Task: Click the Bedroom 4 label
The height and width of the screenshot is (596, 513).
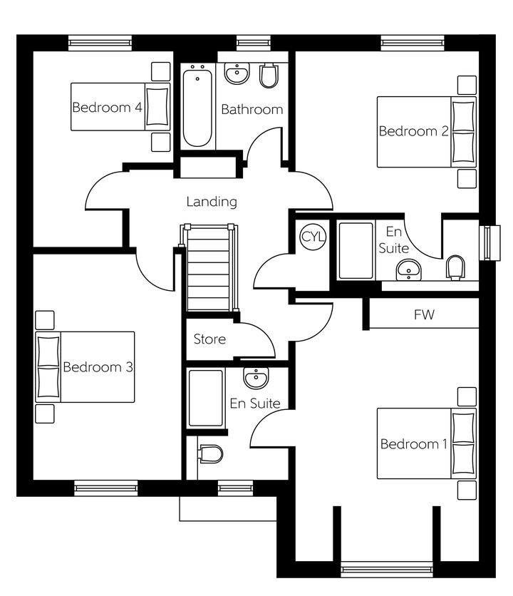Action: click(107, 108)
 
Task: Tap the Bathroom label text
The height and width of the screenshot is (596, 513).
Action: click(252, 110)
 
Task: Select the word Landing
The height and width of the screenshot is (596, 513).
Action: click(212, 202)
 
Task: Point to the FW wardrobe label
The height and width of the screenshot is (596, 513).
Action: click(424, 314)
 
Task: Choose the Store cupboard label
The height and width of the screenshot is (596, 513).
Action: click(209, 339)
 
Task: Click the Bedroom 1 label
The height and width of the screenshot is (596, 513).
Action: click(413, 444)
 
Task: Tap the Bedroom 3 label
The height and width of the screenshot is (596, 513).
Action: click(98, 367)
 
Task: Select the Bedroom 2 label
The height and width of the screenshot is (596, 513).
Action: click(413, 131)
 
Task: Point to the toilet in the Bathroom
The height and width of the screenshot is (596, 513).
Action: click(268, 76)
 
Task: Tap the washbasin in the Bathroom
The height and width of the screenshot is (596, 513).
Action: click(236, 73)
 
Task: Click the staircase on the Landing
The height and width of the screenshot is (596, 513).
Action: click(210, 269)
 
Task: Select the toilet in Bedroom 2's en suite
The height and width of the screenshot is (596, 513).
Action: click(455, 267)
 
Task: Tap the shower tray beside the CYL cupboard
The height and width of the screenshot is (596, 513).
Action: click(355, 250)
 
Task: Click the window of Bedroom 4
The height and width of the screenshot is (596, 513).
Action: click(100, 42)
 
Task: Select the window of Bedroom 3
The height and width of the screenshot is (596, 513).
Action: click(105, 488)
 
